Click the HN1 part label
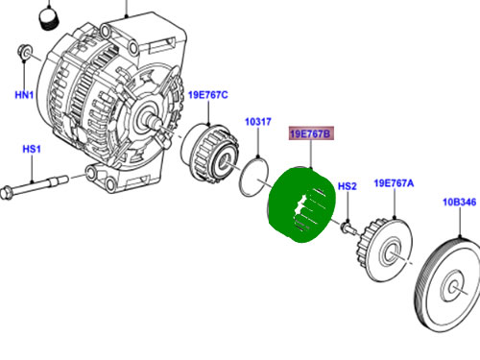pos(24,95)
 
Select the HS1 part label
pos(32,149)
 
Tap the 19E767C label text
pos(208,95)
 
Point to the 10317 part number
pos(258,122)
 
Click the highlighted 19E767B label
pos(311,133)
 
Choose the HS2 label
pos(348,186)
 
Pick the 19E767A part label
pos(394,183)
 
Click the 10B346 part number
pos(459,203)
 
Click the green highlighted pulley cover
pos(300,204)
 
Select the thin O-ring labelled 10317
pos(242,180)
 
